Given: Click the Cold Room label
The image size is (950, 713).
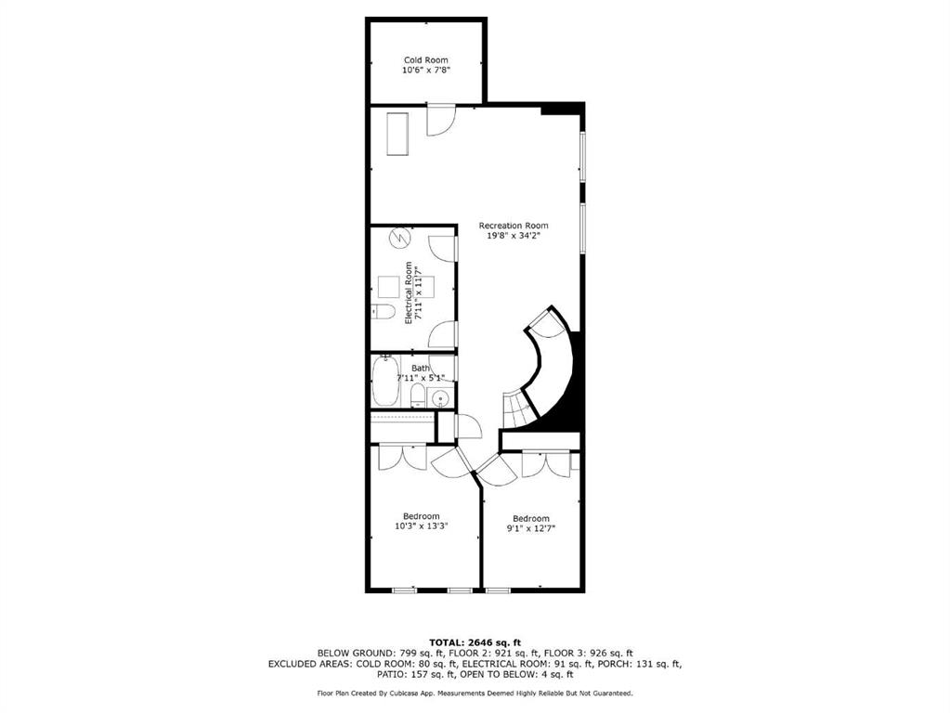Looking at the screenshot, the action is [x=426, y=60].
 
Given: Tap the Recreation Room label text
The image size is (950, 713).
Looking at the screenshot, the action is [x=514, y=226].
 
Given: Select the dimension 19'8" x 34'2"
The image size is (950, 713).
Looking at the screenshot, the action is [x=514, y=236].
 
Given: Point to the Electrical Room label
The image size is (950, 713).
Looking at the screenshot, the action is [x=409, y=292].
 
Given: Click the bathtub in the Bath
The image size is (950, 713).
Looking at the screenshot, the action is [x=385, y=381].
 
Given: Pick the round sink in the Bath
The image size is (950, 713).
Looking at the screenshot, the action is [x=440, y=398].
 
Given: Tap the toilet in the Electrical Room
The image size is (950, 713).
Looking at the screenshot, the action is [x=383, y=312].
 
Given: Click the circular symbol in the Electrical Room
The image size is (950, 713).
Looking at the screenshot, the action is [x=399, y=237].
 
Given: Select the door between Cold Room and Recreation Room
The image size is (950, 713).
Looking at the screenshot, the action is [x=440, y=120].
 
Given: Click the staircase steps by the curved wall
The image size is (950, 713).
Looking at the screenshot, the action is [x=518, y=409].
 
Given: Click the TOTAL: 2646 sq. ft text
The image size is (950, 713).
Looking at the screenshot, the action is [x=475, y=642].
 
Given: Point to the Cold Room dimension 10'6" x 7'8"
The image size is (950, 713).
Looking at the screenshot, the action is [x=426, y=71].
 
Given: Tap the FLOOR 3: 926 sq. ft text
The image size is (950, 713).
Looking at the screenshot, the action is [x=589, y=653].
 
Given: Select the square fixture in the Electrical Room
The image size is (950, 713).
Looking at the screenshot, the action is [x=389, y=287].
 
